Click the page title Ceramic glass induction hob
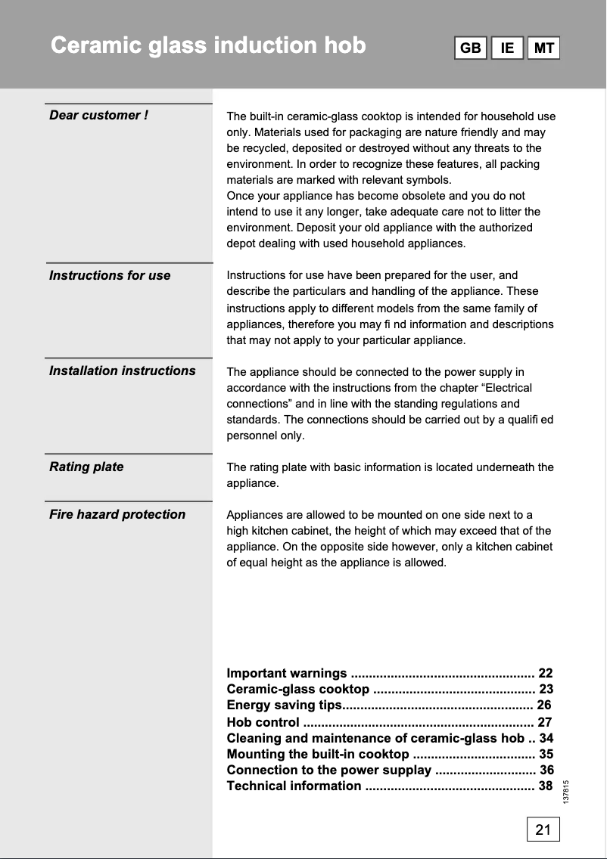pyautogui.click(x=208, y=46)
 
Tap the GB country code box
pyautogui.click(x=470, y=48)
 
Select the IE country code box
pyautogui.click(x=507, y=48)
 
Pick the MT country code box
pyautogui.click(x=543, y=48)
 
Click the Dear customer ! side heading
pyautogui.click(x=98, y=116)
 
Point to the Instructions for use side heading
pyautogui.click(x=110, y=276)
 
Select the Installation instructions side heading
pyautogui.click(x=122, y=371)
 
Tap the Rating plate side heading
pyautogui.click(x=86, y=467)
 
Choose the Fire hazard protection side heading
pyautogui.click(x=117, y=515)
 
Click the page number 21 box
pyautogui.click(x=543, y=830)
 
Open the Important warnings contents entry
pyautogui.click(x=287, y=674)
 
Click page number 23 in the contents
pyautogui.click(x=546, y=690)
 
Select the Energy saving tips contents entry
pyautogui.click(x=285, y=706)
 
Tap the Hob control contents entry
pyautogui.click(x=263, y=722)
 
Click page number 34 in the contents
pyautogui.click(x=546, y=739)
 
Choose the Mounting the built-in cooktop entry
pyautogui.click(x=318, y=755)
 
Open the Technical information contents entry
pyautogui.click(x=294, y=786)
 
